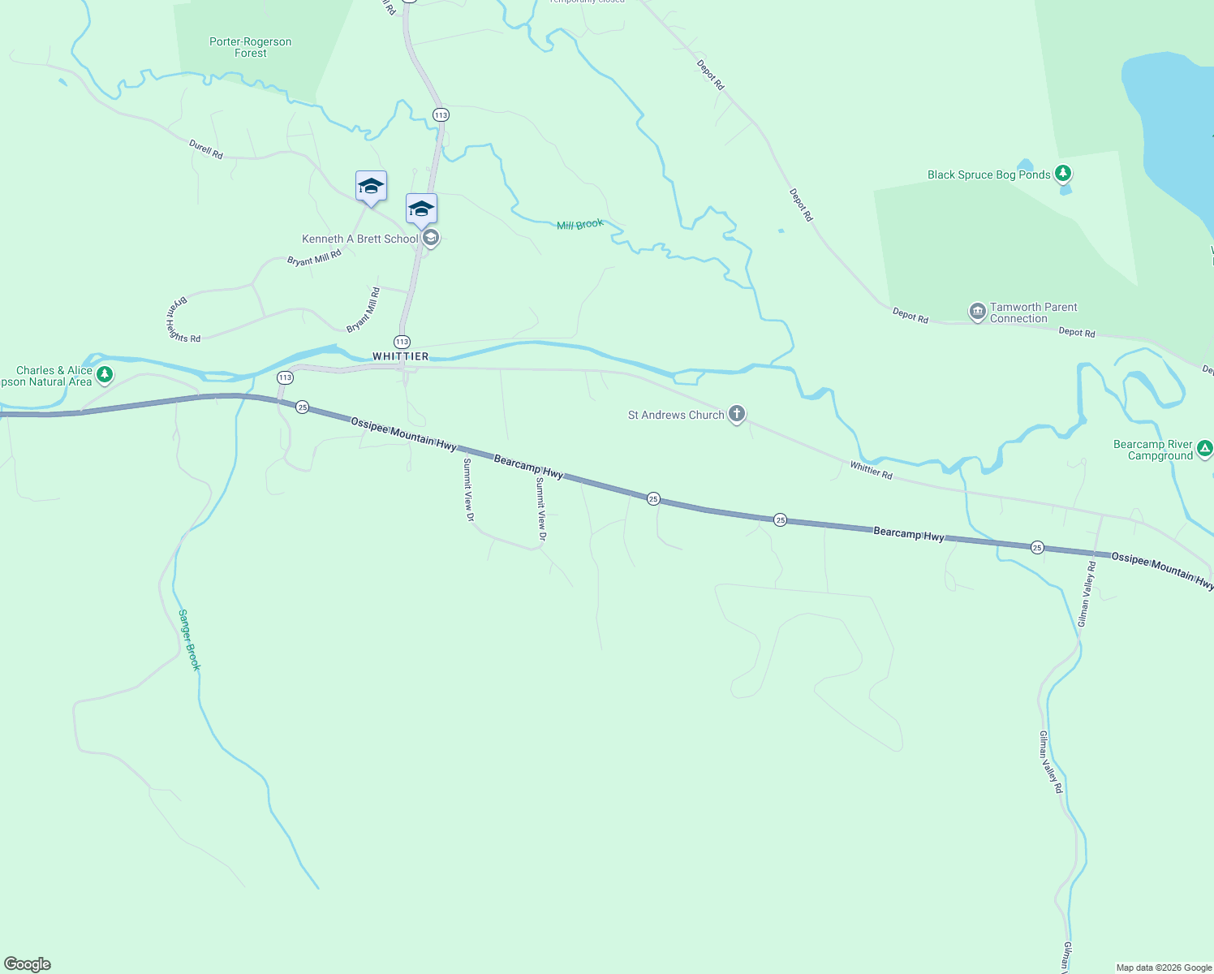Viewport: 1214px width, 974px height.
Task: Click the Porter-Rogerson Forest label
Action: click(250, 47)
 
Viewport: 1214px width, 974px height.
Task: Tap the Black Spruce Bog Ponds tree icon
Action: click(1063, 174)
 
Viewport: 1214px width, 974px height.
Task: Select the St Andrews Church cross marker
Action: click(736, 415)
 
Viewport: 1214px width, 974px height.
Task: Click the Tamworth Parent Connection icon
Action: click(978, 311)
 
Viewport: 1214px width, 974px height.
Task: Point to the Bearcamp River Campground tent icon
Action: click(1205, 448)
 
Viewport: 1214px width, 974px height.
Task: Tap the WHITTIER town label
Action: click(400, 356)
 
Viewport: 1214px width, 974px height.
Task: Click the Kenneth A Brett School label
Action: click(359, 239)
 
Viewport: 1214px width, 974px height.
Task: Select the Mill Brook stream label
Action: click(579, 225)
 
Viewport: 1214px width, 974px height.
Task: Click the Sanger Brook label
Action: click(189, 640)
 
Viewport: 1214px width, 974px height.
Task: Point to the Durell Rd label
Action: click(206, 149)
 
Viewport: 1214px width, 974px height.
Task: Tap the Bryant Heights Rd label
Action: click(180, 321)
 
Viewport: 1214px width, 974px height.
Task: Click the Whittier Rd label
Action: click(871, 470)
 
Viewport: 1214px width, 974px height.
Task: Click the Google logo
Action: click(28, 964)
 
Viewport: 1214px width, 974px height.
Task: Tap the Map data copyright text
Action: click(1163, 968)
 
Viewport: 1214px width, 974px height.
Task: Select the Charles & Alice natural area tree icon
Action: click(104, 375)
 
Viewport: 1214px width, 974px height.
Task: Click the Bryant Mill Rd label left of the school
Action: click(314, 258)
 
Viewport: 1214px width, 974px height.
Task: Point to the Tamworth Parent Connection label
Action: click(1033, 312)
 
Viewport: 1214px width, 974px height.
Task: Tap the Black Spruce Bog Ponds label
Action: click(988, 175)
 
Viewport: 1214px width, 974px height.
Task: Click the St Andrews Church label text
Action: click(676, 415)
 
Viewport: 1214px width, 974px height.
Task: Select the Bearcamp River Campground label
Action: click(1153, 450)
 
